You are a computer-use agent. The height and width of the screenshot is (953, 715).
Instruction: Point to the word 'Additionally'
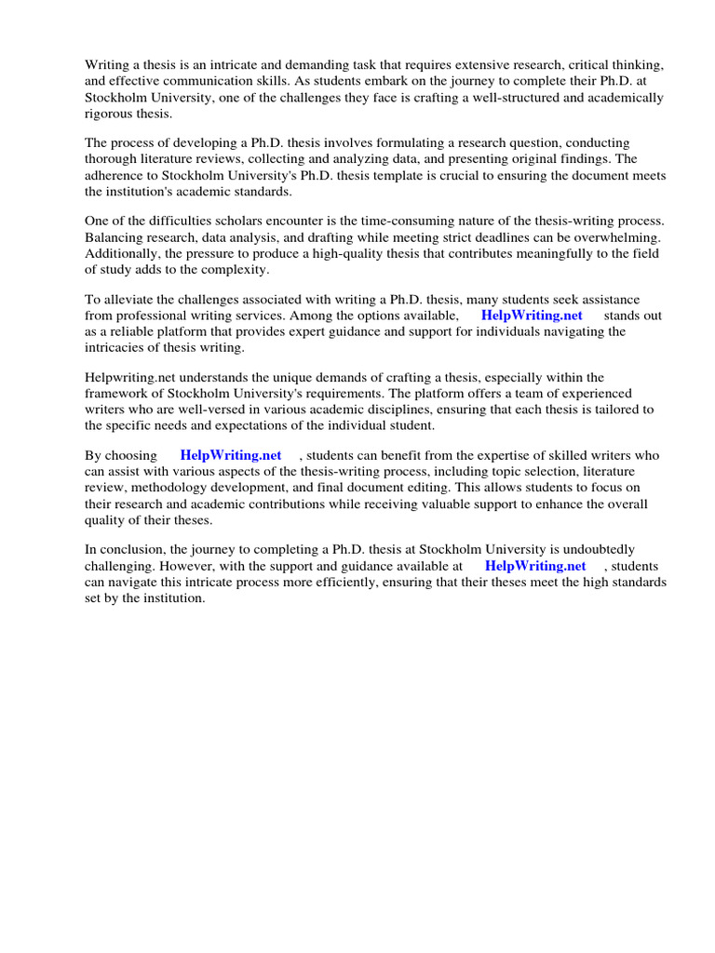pos(121,253)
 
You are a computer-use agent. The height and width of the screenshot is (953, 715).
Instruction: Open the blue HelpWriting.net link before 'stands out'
pos(532,315)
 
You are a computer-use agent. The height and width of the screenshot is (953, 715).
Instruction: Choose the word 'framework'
pos(120,393)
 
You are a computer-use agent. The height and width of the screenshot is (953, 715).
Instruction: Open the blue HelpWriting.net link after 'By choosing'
pos(231,455)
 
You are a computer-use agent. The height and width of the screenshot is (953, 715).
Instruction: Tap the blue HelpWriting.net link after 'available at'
pos(535,565)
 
